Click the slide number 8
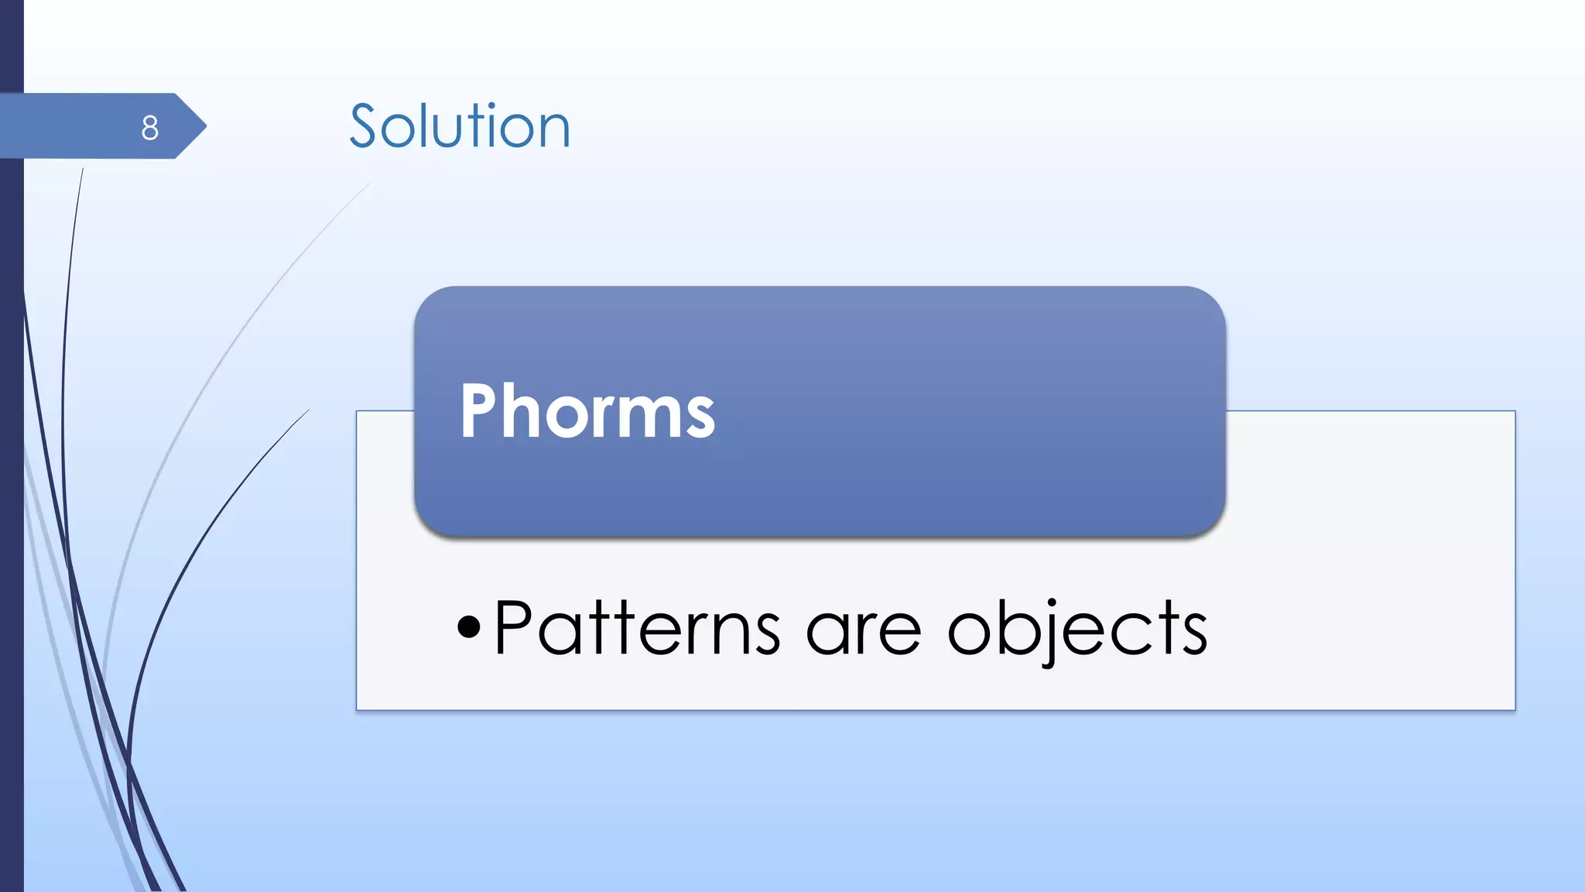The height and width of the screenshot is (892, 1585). click(x=150, y=128)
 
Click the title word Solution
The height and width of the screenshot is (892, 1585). click(x=460, y=126)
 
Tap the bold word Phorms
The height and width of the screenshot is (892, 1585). click(x=587, y=412)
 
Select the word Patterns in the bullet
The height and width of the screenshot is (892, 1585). click(x=637, y=628)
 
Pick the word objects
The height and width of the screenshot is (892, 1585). click(x=1077, y=630)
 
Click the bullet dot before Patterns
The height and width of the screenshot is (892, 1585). click(x=468, y=626)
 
